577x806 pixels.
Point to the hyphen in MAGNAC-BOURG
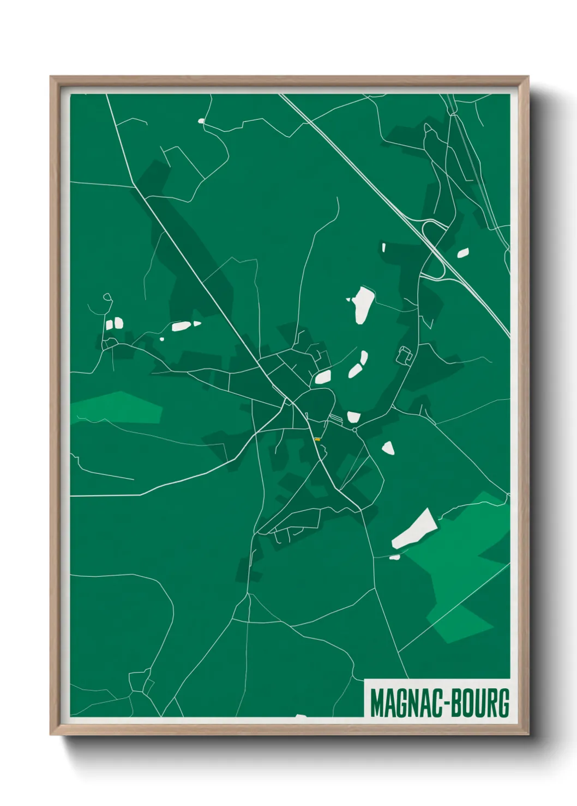click(446, 704)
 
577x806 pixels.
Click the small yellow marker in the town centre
click(317, 439)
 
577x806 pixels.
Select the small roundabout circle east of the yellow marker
click(354, 430)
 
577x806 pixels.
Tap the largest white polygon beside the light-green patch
click(415, 529)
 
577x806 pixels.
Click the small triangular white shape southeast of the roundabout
click(388, 448)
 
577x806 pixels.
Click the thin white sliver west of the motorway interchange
click(384, 248)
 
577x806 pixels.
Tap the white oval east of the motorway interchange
click(463, 253)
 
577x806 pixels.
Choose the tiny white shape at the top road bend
click(201, 121)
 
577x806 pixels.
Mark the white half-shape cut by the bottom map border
click(300, 717)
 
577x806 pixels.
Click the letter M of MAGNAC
click(376, 703)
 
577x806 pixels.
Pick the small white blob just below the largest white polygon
click(394, 557)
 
